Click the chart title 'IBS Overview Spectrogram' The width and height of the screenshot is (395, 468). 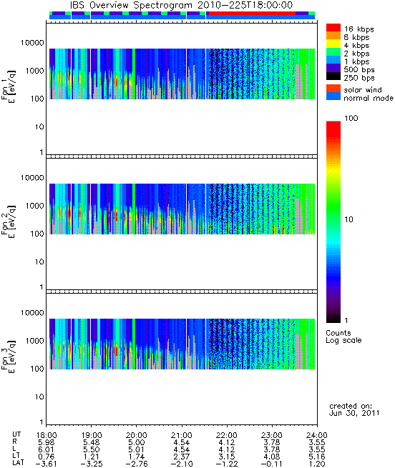[x=131, y=5]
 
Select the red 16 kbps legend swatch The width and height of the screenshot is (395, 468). [x=333, y=27]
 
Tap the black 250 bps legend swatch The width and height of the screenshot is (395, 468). [x=333, y=76]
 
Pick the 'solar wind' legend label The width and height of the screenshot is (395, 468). [x=363, y=90]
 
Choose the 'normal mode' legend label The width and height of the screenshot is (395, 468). [x=369, y=98]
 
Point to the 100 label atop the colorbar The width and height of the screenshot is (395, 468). [x=351, y=118]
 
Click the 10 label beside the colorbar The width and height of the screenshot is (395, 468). [x=349, y=219]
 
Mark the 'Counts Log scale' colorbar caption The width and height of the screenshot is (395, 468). [x=343, y=337]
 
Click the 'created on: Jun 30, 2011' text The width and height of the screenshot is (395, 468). [x=354, y=409]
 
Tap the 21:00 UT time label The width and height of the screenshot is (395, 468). [x=182, y=435]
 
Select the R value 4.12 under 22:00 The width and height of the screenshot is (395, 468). [x=227, y=442]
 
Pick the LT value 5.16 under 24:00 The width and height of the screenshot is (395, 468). [x=317, y=457]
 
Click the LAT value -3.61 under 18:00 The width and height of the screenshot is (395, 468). [x=46, y=464]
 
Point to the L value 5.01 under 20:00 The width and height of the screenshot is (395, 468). [x=137, y=449]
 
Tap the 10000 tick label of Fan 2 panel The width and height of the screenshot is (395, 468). [x=32, y=178]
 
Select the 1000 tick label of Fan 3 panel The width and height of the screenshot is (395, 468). [x=34, y=341]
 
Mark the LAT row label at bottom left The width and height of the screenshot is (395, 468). [x=18, y=464]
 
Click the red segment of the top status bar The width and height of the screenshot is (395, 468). [x=252, y=14]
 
